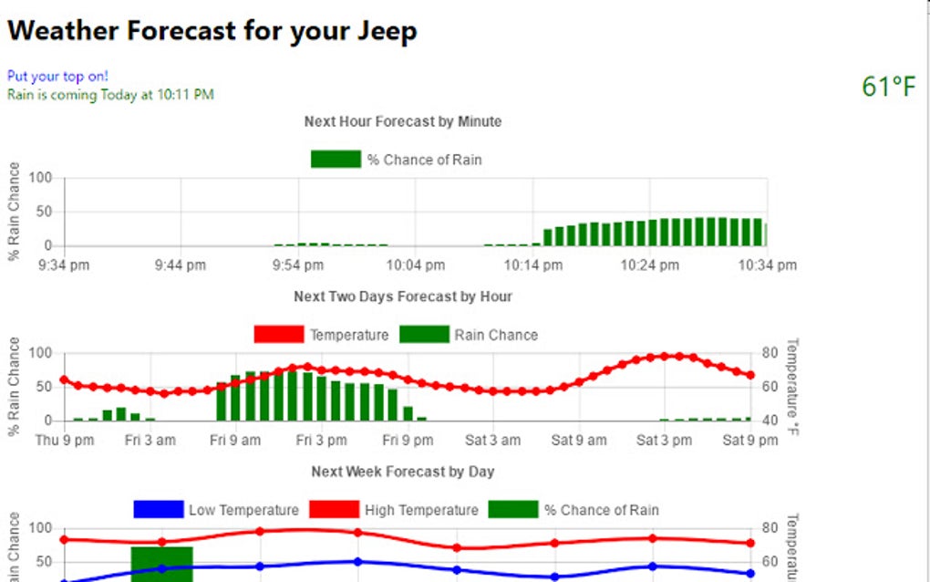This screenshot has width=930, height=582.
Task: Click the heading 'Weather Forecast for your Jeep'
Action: coord(212,31)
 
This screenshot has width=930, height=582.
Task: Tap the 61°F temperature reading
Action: coord(888,87)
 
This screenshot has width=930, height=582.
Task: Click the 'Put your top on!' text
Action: coord(57,76)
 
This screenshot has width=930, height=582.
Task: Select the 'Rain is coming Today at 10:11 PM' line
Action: coord(110,94)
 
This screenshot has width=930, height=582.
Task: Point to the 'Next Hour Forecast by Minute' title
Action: coord(402,121)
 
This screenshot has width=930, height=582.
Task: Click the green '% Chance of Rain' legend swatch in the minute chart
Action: coord(336,160)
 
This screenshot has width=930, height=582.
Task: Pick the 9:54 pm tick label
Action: coord(297,265)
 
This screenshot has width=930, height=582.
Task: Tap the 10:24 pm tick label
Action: coord(649,265)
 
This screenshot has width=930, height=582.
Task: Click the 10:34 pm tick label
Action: coord(767,265)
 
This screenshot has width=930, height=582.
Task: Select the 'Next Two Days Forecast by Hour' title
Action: coord(402,296)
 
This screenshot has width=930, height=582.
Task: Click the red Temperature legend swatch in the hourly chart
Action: coord(278,335)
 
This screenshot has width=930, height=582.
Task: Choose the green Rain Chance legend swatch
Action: coord(424,335)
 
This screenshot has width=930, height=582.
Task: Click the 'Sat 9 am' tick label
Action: coord(579,441)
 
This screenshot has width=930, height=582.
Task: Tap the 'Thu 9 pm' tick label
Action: coord(64,441)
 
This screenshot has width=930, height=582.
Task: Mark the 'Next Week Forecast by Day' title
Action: coord(402,472)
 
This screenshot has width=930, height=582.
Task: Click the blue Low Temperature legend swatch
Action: coord(158,510)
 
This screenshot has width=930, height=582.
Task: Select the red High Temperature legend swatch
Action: coord(334,510)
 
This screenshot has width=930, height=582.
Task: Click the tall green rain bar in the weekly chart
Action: coord(161,564)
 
